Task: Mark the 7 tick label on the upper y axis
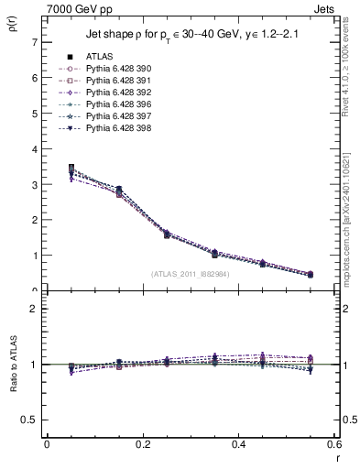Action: pos(34,42)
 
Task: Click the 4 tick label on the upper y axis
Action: pos(34,149)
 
